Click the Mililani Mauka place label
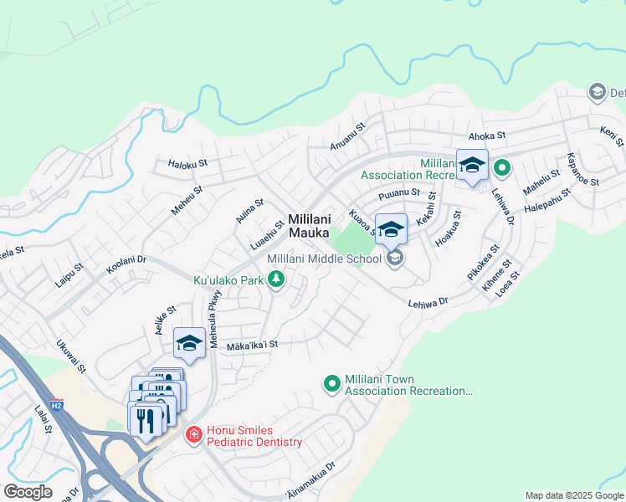309,226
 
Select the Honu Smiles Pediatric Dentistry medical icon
193,435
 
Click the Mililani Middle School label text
324,259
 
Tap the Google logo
28,492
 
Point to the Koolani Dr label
126,265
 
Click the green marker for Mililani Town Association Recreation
332,384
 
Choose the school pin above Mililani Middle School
391,229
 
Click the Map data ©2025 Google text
574,495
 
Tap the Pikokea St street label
483,263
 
